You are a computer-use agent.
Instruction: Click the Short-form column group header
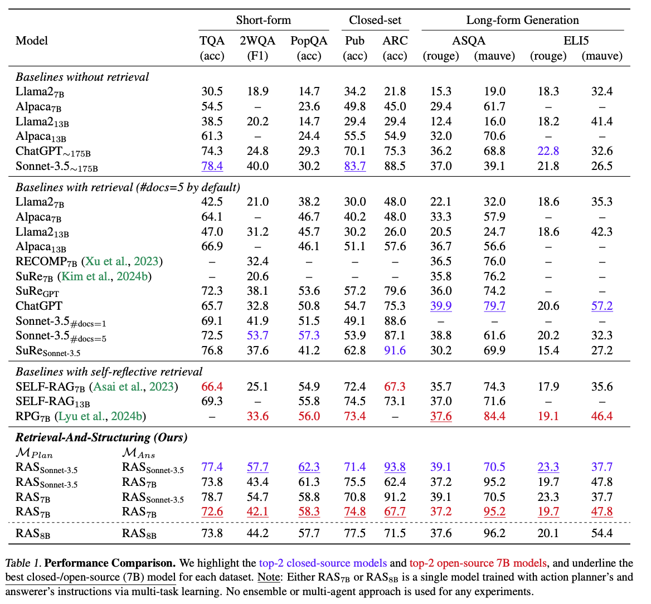coord(263,21)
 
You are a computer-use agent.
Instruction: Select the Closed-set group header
coord(375,21)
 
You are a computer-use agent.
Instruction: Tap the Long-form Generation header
coord(522,21)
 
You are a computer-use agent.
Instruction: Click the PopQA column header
coord(309,41)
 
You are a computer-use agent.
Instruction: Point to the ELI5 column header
coord(576,41)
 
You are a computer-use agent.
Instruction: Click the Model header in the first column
coord(32,41)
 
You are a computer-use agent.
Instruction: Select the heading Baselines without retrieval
coord(82,77)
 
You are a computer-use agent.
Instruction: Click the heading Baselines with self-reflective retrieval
coord(109,372)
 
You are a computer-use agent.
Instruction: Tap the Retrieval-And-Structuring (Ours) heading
coord(101,437)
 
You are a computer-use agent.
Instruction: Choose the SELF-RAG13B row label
coord(52,402)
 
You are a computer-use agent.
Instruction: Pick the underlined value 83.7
coord(355,166)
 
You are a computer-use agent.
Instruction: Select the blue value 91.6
coord(395,350)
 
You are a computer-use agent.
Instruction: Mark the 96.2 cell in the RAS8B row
coord(494,533)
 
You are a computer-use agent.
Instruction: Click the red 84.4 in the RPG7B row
coord(494,416)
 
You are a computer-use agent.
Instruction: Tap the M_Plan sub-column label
coord(34,453)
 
